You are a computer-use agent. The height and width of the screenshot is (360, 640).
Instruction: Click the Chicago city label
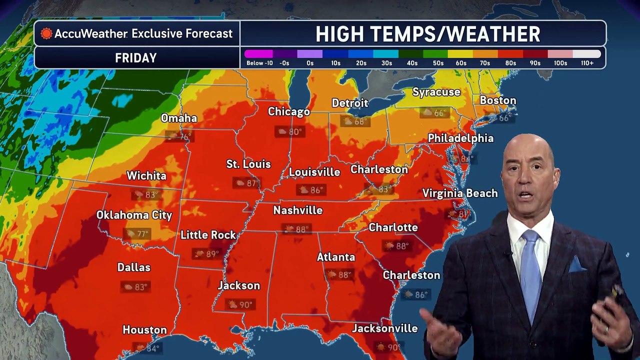click(x=288, y=111)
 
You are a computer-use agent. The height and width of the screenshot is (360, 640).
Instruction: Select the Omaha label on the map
click(x=179, y=118)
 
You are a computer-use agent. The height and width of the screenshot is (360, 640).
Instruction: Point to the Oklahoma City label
click(x=134, y=215)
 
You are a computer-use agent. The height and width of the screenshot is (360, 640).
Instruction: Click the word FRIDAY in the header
click(x=136, y=58)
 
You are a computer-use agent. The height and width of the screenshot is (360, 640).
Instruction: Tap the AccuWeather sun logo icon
click(x=46, y=34)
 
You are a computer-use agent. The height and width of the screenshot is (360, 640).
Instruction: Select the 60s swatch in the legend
click(x=460, y=54)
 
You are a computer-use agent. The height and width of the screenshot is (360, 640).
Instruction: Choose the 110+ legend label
click(x=587, y=63)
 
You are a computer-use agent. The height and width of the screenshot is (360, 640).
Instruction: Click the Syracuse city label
click(x=436, y=92)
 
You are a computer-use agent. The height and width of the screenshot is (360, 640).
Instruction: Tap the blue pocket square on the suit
click(x=576, y=264)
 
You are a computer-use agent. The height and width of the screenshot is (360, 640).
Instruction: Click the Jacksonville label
click(x=384, y=328)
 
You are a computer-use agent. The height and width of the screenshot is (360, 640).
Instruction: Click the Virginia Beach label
click(x=459, y=193)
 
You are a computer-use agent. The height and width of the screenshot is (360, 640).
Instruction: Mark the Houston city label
click(x=144, y=330)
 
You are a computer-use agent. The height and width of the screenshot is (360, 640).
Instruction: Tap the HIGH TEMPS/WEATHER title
click(x=427, y=34)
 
